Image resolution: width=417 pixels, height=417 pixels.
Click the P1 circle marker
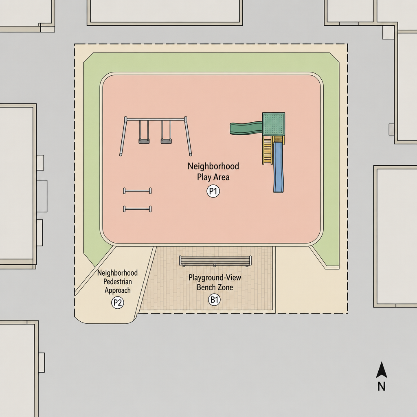tap(213, 191)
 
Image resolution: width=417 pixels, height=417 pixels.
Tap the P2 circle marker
tap(118, 303)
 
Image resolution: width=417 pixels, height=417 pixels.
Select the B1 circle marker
tap(214, 300)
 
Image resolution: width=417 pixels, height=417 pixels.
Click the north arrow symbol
tap(381, 370)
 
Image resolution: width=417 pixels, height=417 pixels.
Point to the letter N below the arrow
tap(381, 386)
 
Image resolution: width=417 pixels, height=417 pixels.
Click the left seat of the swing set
tap(144, 141)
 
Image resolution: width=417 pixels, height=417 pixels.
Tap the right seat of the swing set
tap(166, 141)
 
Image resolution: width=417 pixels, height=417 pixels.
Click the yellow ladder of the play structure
tap(268, 150)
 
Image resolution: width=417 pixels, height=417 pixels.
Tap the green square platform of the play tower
tap(274, 124)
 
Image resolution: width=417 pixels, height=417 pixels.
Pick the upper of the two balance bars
tap(137, 191)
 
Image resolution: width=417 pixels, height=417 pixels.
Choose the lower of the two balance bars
tap(137, 209)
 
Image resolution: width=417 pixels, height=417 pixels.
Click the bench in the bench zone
tap(215, 261)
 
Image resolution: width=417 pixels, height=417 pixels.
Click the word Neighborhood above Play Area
tap(213, 166)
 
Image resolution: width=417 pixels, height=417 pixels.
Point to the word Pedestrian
tap(118, 282)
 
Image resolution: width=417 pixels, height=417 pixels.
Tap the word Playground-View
tap(215, 278)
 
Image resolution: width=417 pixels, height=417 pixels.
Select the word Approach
tap(118, 290)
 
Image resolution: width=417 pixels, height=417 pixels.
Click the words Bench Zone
tap(215, 287)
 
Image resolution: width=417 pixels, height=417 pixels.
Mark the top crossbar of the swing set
tap(156, 120)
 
